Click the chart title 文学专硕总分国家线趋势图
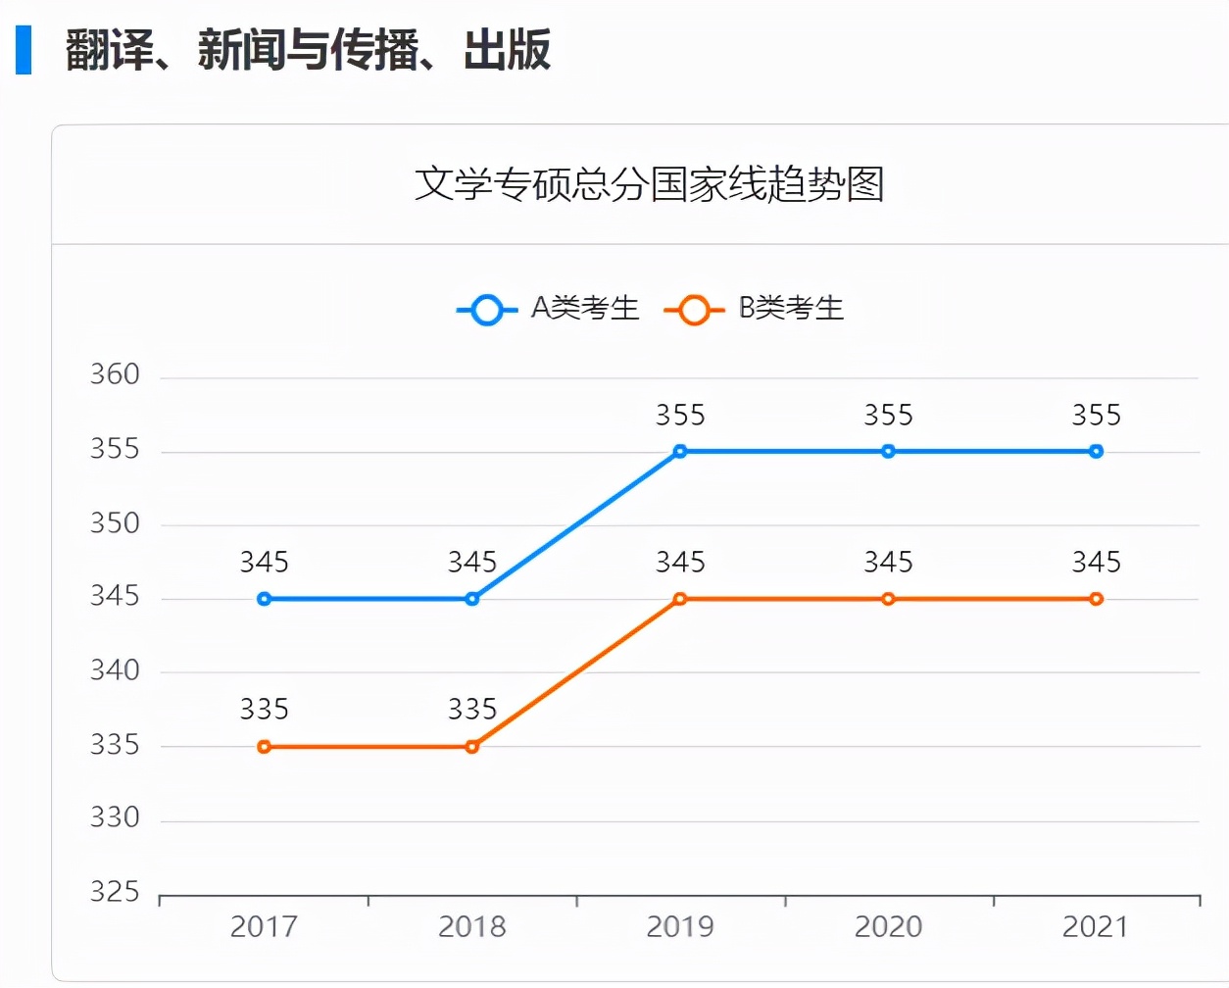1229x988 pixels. tap(649, 184)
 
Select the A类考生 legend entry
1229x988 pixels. tap(548, 309)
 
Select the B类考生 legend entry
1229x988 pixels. tap(754, 309)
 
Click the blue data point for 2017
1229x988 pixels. tap(264, 599)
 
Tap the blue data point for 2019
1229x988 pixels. tap(680, 452)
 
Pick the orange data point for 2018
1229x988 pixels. tap(472, 747)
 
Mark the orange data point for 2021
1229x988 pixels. tap(1096, 599)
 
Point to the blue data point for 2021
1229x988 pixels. tap(1096, 452)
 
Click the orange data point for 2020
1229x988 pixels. tap(888, 599)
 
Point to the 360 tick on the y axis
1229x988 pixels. tap(115, 375)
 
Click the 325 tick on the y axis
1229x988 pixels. tap(115, 892)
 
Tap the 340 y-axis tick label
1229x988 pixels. tap(115, 670)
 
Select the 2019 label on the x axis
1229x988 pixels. tap(680, 927)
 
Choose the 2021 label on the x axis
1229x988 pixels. tap(1096, 927)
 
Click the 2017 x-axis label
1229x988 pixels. tap(264, 927)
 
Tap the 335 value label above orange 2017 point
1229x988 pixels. tap(264, 710)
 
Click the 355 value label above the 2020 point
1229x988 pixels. tap(888, 416)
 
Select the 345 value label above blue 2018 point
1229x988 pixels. tap(472, 563)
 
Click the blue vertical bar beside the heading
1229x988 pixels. tap(24, 50)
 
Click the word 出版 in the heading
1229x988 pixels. tap(507, 50)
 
